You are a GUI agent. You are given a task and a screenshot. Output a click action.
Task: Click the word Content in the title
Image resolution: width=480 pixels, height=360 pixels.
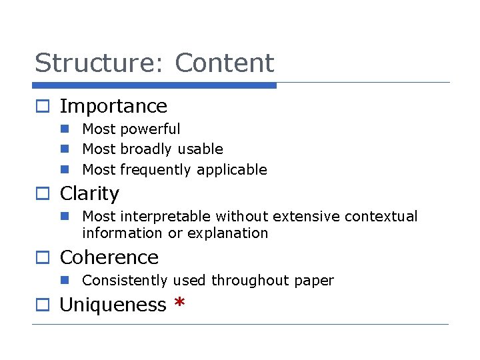pyautogui.click(x=224, y=63)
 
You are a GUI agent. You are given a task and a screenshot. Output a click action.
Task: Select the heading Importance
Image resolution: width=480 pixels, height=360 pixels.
pyautogui.click(x=113, y=106)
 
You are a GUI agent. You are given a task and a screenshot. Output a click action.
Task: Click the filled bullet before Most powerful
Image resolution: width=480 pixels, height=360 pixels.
pyautogui.click(x=65, y=129)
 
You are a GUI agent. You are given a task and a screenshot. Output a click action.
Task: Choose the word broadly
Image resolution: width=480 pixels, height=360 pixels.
pyautogui.click(x=146, y=149)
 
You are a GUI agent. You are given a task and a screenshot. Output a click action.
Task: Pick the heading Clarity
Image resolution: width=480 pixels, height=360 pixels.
pyautogui.click(x=89, y=193)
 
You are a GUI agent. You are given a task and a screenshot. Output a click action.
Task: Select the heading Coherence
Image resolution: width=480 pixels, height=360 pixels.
pyautogui.click(x=109, y=257)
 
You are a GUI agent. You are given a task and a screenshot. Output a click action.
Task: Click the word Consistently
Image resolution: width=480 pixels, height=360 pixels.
pyautogui.click(x=125, y=280)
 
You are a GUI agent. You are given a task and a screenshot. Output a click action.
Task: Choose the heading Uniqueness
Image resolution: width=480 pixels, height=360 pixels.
pyautogui.click(x=113, y=305)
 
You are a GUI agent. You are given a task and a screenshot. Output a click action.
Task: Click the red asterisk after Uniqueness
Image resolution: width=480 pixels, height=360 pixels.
pyautogui.click(x=179, y=303)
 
